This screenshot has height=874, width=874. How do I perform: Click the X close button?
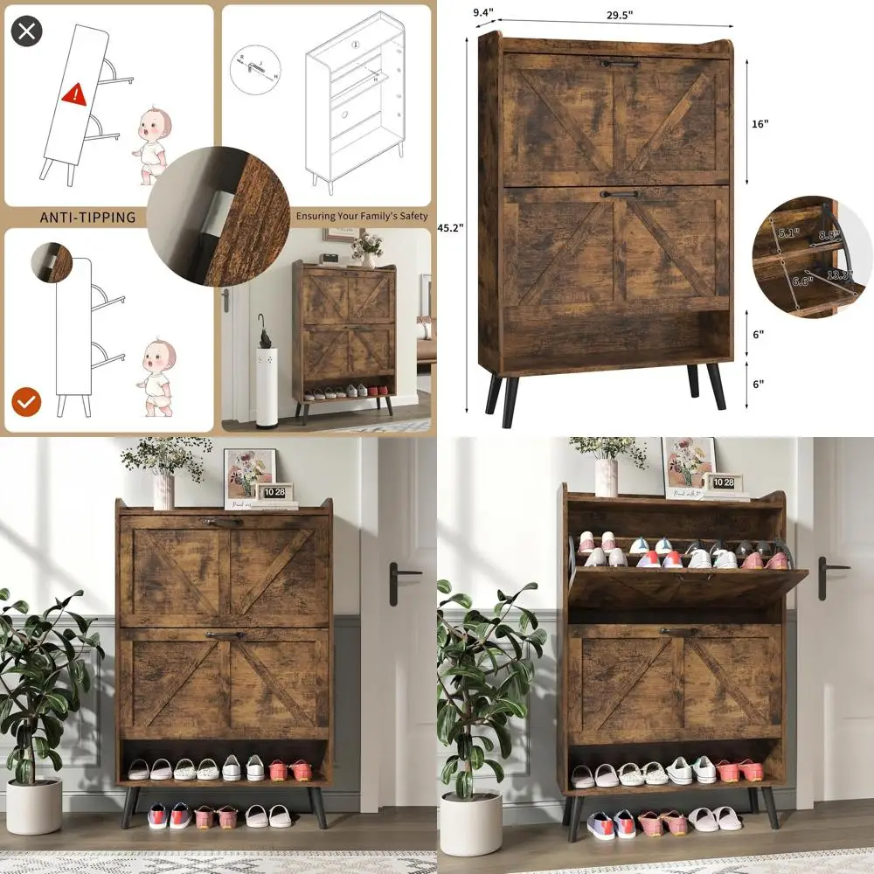[x=27, y=32]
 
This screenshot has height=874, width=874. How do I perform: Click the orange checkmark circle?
[x=27, y=402]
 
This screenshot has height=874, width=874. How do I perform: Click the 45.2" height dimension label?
[x=451, y=227]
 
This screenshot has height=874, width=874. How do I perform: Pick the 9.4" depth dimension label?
[x=483, y=12]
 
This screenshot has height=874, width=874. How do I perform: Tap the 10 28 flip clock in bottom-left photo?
[x=274, y=492]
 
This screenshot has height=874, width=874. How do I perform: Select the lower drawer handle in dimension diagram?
[x=620, y=194]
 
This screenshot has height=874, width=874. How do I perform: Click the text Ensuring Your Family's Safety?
[x=362, y=216]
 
